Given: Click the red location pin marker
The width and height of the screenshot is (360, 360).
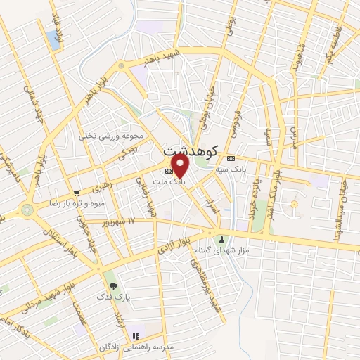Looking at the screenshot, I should (x=181, y=166).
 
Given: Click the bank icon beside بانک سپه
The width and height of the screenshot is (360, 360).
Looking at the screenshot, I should (x=231, y=158).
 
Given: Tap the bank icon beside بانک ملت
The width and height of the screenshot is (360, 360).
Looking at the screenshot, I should (x=168, y=171).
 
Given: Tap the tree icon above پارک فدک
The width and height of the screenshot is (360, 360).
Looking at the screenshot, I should (x=113, y=286).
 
